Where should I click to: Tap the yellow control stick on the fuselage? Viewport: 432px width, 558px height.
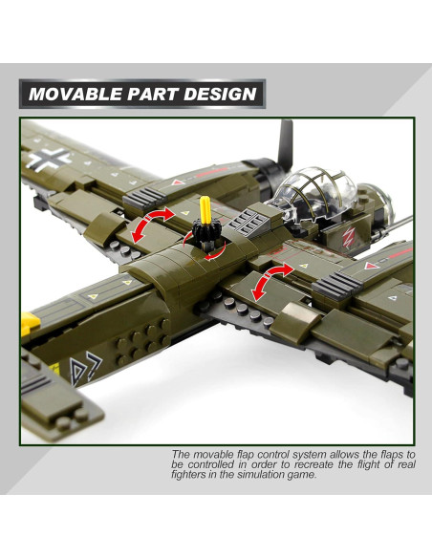pos(206,212)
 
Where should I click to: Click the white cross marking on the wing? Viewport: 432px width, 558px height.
pos(47,155)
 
